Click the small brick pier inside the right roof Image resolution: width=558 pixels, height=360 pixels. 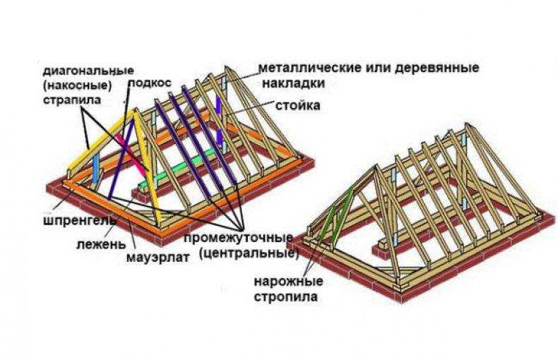coord(382,248)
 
